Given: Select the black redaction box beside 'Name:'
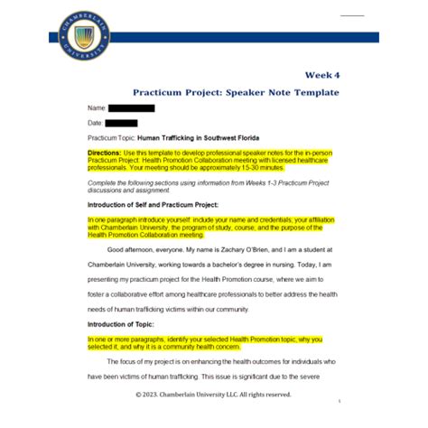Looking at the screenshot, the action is coord(131,108).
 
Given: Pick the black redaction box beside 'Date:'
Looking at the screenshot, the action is coord(121,123).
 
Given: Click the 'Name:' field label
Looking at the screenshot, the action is coord(97,108).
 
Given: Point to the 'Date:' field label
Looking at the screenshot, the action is coord(95,123).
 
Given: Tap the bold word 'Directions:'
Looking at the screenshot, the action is coord(110,154).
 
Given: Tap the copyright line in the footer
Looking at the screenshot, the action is coord(213,395).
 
